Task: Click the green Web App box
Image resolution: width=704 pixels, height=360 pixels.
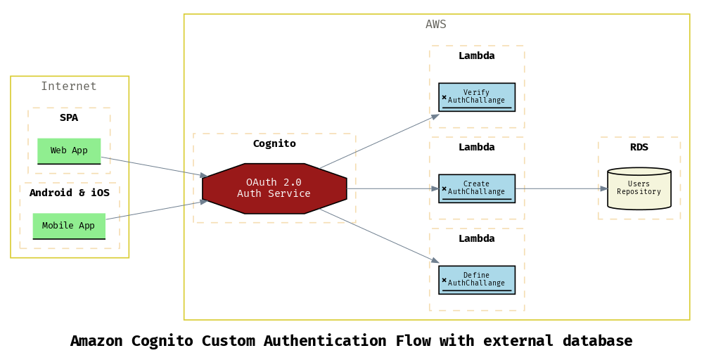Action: (69, 150)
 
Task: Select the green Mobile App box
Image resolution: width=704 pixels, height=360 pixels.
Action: (69, 226)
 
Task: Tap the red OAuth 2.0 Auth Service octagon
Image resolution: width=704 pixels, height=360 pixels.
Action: (274, 188)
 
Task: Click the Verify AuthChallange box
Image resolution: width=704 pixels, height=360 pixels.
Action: (477, 97)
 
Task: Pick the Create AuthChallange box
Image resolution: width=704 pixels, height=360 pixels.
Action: (477, 188)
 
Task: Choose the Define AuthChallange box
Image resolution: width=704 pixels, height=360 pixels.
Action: (477, 280)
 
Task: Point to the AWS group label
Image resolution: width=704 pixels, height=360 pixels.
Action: (436, 25)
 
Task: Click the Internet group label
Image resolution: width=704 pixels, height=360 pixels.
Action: (69, 86)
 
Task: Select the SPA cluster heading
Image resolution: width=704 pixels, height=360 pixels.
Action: (69, 117)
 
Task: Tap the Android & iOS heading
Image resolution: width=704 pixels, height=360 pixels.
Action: (69, 193)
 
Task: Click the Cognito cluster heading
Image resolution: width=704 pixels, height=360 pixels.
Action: (274, 143)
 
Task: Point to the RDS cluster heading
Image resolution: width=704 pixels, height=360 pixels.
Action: (639, 147)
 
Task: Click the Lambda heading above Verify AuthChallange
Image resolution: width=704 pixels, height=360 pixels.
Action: (477, 56)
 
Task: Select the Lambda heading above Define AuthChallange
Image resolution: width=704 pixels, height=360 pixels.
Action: (477, 238)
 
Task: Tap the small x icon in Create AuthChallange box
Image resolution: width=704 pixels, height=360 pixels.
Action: (444, 188)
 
